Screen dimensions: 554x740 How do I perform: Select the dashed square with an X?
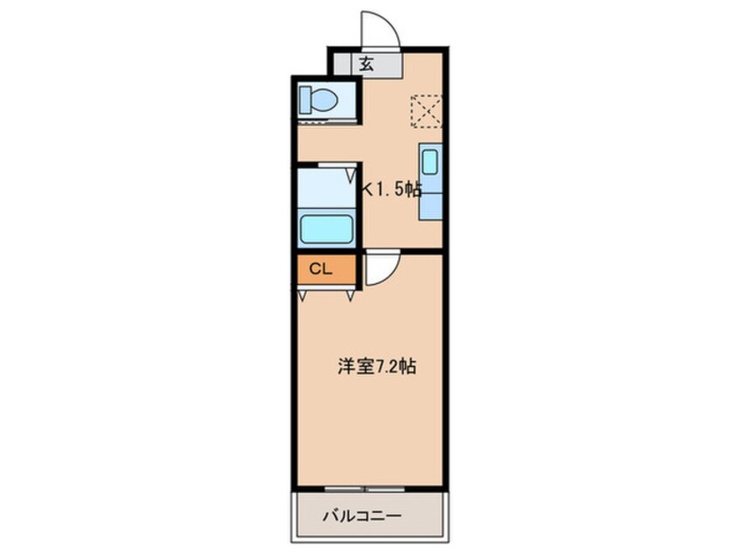pos(426,111)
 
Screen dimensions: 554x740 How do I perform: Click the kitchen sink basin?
pos(429,163)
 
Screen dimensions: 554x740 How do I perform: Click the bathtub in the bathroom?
pos(326,230)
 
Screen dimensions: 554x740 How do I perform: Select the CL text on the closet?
pos(320,269)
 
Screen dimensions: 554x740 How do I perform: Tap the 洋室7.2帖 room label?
pos(376,368)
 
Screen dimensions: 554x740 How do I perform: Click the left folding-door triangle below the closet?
pos(303,295)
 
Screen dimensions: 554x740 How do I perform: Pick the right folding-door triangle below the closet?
pos(351,295)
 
